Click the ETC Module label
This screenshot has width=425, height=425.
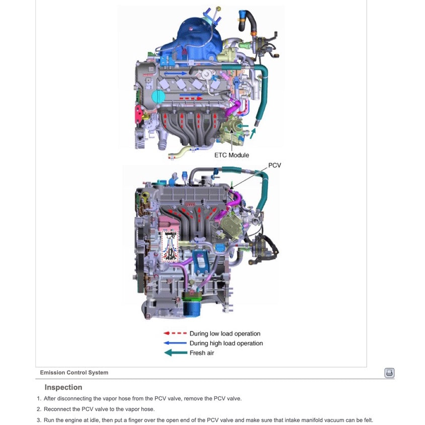pyautogui.click(x=231, y=155)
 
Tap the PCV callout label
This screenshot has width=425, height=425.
pyautogui.click(x=275, y=165)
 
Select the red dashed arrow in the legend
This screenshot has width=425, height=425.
pyautogui.click(x=175, y=333)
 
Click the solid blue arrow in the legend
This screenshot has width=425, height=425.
pyautogui.click(x=175, y=344)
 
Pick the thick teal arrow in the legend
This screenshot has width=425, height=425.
pyautogui.click(x=175, y=353)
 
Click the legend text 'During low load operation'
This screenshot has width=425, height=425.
pyautogui.click(x=225, y=333)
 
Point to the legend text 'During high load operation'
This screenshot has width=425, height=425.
pyautogui.click(x=226, y=344)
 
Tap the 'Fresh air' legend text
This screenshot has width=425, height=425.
pyautogui.click(x=202, y=353)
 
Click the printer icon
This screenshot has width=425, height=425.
pyautogui.click(x=389, y=373)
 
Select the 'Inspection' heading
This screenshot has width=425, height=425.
pyautogui.click(x=63, y=387)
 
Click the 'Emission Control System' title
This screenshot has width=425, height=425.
pyautogui.click(x=74, y=373)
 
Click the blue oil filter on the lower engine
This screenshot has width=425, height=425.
pyautogui.click(x=192, y=306)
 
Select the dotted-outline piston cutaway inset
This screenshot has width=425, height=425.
pyautogui.click(x=171, y=246)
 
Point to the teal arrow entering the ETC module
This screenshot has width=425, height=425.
pyautogui.click(x=243, y=126)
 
